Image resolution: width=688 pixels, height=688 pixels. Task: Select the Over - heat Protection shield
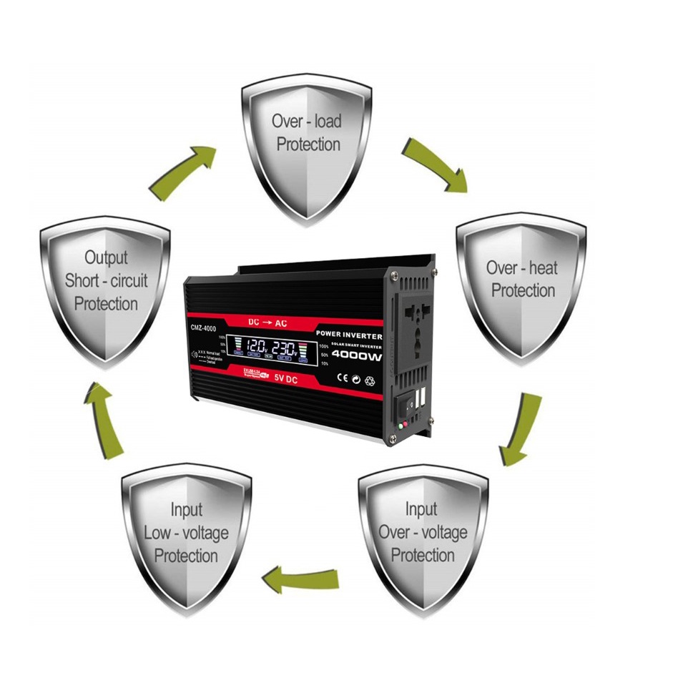coord(521,286)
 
